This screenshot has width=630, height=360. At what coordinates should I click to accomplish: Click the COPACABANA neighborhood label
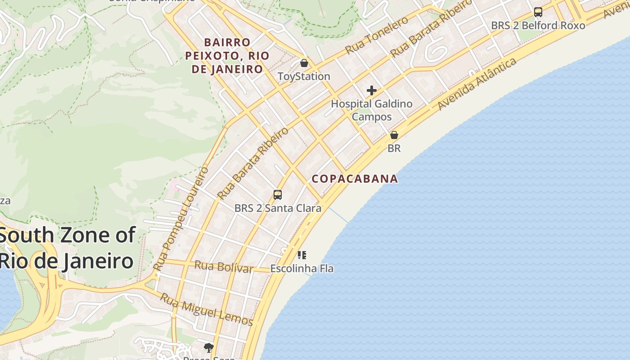coord(355,179)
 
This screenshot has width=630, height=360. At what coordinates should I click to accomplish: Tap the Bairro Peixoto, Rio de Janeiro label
coord(227,56)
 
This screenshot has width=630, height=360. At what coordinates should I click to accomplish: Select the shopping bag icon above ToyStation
coord(304,63)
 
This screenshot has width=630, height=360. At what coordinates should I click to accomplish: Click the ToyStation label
coord(304,76)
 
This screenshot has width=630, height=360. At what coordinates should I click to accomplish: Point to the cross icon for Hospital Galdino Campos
coord(371,90)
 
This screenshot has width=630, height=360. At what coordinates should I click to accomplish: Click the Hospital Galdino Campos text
coord(372,110)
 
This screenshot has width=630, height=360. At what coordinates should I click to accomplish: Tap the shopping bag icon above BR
coord(394,135)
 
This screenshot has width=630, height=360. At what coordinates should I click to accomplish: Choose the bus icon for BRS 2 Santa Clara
coord(278,194)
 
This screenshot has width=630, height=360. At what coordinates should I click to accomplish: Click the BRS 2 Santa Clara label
coord(278,208)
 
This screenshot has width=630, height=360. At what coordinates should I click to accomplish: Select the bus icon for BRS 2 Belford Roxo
coord(538,12)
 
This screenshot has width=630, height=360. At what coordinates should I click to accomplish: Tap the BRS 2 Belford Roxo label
coord(538,25)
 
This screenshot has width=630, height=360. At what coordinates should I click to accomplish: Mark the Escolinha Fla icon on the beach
coord(302,255)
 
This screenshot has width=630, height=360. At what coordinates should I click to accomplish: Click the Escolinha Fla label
coord(302,269)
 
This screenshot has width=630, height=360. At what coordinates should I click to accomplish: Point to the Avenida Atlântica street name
coord(477,84)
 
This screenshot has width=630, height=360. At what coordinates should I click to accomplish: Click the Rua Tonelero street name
coord(377,35)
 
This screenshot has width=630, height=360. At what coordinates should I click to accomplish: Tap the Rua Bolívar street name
coord(224,267)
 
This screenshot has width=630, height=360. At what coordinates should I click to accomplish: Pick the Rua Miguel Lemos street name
coord(207,309)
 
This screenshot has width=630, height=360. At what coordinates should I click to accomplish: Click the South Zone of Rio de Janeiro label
coord(67,248)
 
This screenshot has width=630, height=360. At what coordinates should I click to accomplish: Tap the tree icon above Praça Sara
coord(208,347)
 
